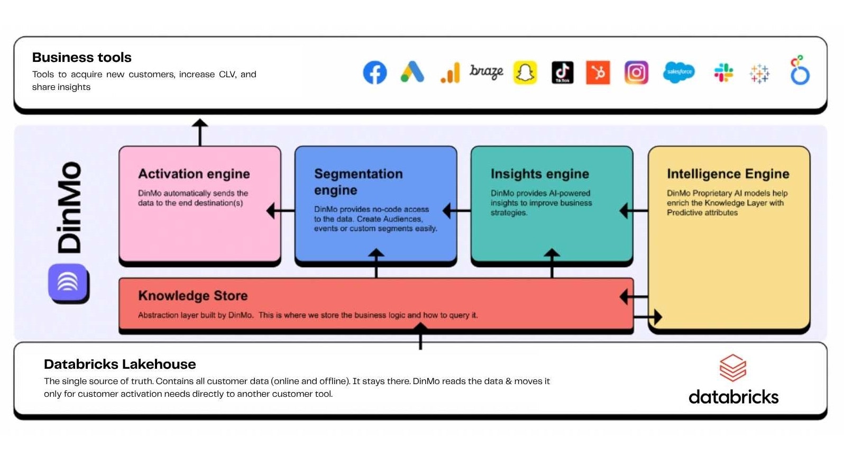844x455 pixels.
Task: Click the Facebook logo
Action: [x=374, y=72]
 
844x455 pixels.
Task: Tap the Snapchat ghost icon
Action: [x=525, y=72]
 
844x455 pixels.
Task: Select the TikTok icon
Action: [x=562, y=72]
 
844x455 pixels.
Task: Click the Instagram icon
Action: [x=636, y=72]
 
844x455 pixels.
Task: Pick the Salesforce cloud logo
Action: [x=678, y=72]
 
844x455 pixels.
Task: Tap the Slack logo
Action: [x=723, y=72]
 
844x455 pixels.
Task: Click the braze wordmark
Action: [x=486, y=71]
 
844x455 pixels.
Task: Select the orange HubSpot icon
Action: [x=598, y=72]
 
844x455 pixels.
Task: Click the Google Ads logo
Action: [x=412, y=72]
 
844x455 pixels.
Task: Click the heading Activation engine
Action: [x=194, y=174]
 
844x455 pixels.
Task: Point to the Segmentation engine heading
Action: [x=358, y=181]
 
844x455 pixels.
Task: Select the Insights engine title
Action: [x=539, y=174]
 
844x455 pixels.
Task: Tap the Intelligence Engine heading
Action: [x=728, y=174]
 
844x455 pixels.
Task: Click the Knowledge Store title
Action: [x=192, y=296]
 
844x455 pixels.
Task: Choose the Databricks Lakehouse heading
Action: [x=120, y=364]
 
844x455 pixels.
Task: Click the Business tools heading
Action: [x=81, y=57]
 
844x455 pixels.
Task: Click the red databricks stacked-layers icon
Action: [x=732, y=368]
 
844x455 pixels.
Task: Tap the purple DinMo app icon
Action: [x=68, y=282]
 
